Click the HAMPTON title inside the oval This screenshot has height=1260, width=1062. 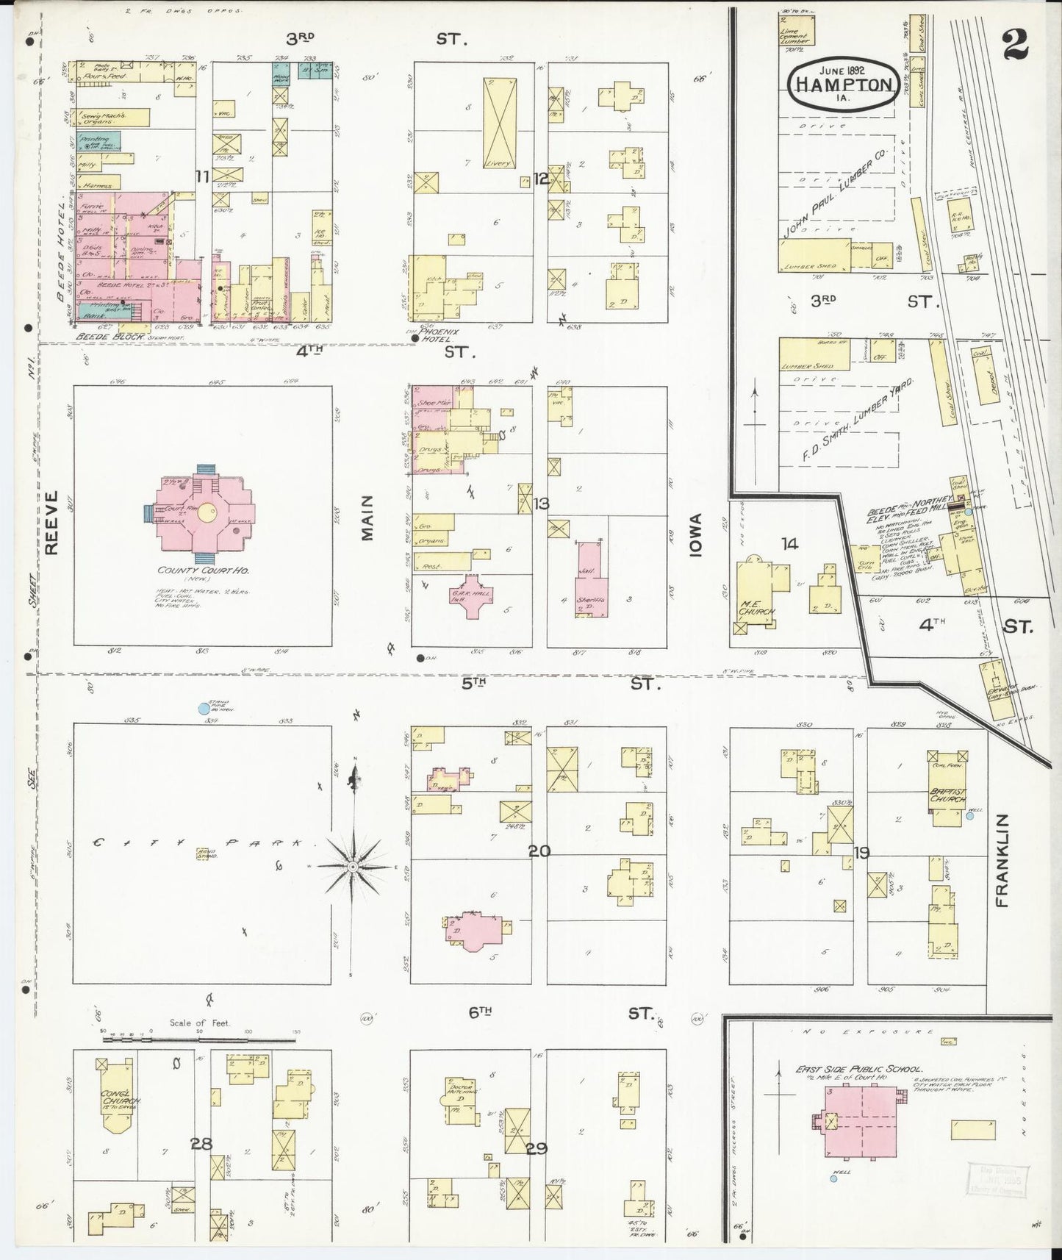(x=843, y=85)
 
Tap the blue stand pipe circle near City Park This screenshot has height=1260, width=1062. (x=204, y=709)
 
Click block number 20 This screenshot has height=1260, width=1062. (x=539, y=851)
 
